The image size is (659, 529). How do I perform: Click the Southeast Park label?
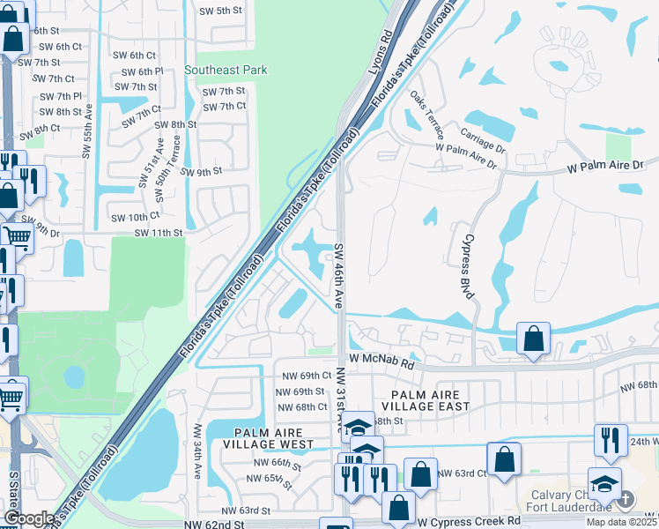[226, 70]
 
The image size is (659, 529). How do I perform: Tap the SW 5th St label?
[220, 11]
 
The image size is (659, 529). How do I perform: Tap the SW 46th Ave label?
[338, 275]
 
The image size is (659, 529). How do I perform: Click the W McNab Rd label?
[381, 361]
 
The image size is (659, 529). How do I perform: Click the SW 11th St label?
[158, 233]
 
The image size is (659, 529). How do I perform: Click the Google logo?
[29, 518]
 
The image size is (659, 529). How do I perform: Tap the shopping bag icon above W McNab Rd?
[534, 338]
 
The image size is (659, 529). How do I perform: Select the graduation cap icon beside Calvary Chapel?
[604, 483]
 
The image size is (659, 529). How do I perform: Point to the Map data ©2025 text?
[619, 522]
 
